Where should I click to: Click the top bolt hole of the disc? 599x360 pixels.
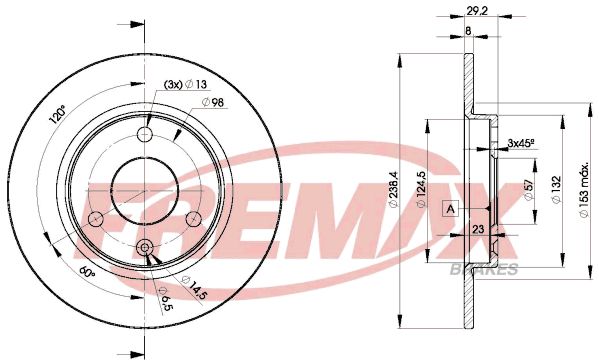[145, 136]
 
